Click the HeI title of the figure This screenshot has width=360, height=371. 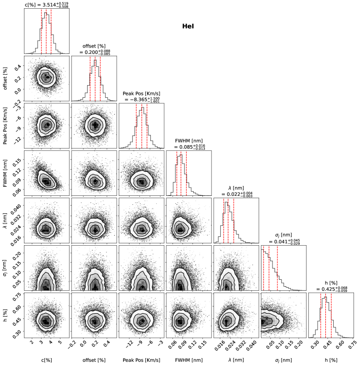click(188, 27)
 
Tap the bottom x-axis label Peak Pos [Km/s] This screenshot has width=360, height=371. click(141, 359)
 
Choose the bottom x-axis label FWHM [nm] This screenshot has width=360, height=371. click(189, 359)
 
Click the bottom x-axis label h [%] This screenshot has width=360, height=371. click(330, 359)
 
